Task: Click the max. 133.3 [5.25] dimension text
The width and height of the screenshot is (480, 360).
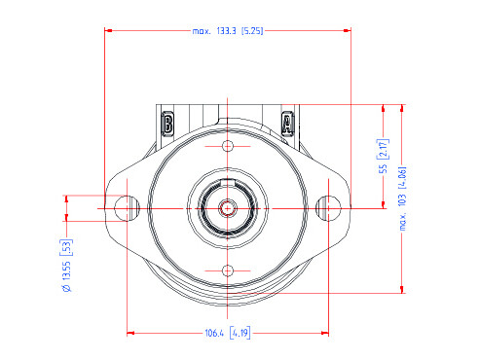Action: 228,31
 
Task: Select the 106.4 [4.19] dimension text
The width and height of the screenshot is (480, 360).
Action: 228,333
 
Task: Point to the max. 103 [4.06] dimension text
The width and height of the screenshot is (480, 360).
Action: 402,198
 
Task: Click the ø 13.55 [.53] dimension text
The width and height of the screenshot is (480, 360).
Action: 66,266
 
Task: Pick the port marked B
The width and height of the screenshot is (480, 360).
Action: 167,124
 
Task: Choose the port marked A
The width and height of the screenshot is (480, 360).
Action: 287,124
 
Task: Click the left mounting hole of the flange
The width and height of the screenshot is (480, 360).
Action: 127,208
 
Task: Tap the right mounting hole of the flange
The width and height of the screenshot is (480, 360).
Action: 328,208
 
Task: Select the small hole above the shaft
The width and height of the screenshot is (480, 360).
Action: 228,146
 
